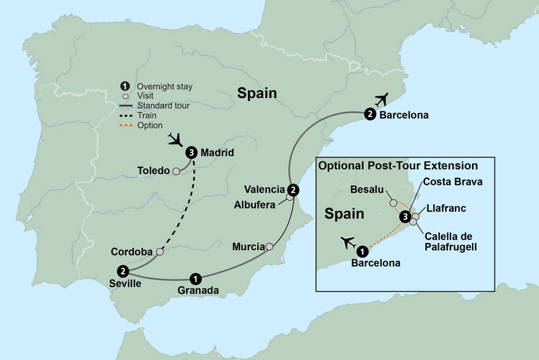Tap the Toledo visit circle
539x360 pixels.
coord(176,171)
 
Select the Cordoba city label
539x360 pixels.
coord(132,252)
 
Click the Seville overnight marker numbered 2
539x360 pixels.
coord(123,271)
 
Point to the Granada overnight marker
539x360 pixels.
coord(196,279)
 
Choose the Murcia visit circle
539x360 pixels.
coord(269,247)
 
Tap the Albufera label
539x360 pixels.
coord(254,204)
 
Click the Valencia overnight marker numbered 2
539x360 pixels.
coord(293,190)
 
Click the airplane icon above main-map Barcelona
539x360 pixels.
coord(382,100)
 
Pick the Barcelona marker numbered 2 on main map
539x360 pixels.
coord(370,114)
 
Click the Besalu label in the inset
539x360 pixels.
coord(367,189)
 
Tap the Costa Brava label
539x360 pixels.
coord(452,182)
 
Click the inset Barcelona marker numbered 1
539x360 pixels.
coord(362,251)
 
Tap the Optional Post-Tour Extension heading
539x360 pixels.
coord(398,165)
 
